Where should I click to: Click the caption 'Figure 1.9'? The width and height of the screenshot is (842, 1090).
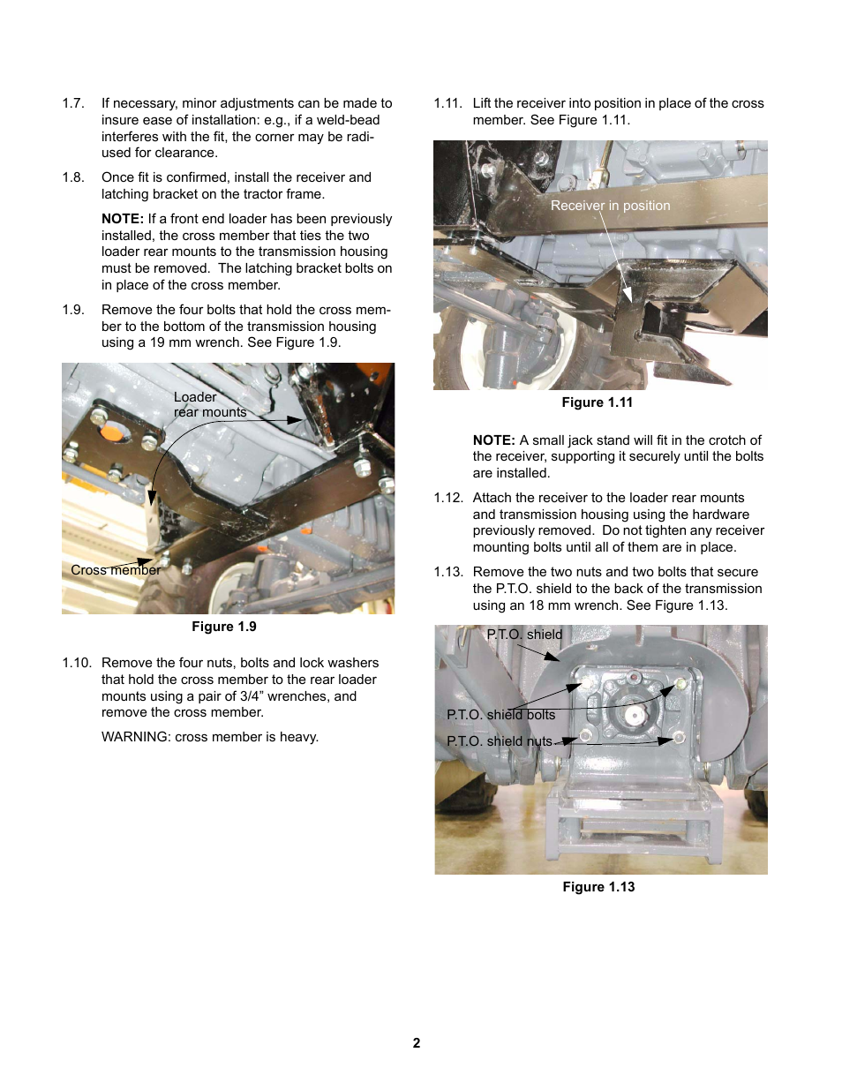pyautogui.click(x=224, y=627)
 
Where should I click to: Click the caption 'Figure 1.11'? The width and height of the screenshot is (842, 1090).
pyautogui.click(x=597, y=402)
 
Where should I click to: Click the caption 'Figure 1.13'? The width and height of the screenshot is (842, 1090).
pyautogui.click(x=598, y=887)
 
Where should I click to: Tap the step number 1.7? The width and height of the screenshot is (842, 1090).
pyautogui.click(x=73, y=103)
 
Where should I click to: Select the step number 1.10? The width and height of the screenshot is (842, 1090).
pyautogui.click(x=77, y=663)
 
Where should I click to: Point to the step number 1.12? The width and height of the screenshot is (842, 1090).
pyautogui.click(x=448, y=498)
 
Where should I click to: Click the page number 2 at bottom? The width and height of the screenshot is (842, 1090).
pyautogui.click(x=417, y=1043)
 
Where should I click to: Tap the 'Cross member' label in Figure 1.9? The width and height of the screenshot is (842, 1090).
pyautogui.click(x=116, y=570)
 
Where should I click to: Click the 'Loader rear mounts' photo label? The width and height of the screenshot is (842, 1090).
pyautogui.click(x=209, y=405)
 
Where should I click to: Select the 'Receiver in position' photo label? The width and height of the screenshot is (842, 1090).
pyautogui.click(x=610, y=206)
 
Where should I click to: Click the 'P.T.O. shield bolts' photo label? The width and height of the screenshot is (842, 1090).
pyautogui.click(x=500, y=715)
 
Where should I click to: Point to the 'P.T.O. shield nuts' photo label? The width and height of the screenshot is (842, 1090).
pyautogui.click(x=499, y=741)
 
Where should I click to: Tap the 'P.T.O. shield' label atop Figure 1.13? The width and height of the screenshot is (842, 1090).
pyautogui.click(x=524, y=635)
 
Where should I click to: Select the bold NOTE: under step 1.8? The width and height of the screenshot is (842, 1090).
pyautogui.click(x=122, y=219)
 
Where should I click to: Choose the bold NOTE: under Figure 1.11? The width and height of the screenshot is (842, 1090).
pyautogui.click(x=493, y=440)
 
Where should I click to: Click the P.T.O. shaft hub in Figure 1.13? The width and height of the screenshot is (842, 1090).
pyautogui.click(x=633, y=713)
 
